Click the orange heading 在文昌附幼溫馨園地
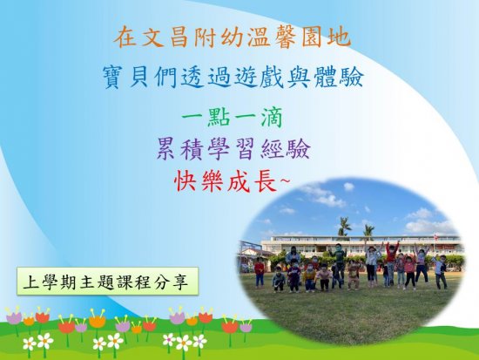tap(232, 37)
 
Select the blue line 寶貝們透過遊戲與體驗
tap(233, 77)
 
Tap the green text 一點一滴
tap(233, 117)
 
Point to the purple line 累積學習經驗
tap(233, 149)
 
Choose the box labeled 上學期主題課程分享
tap(107, 281)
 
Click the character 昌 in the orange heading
tap(179, 37)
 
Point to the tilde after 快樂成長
tap(283, 181)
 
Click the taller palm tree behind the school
tap(345, 227)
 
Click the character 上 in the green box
tap(31, 282)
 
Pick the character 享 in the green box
tap(179, 282)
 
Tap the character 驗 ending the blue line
tap(353, 78)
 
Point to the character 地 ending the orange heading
tap(340, 37)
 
